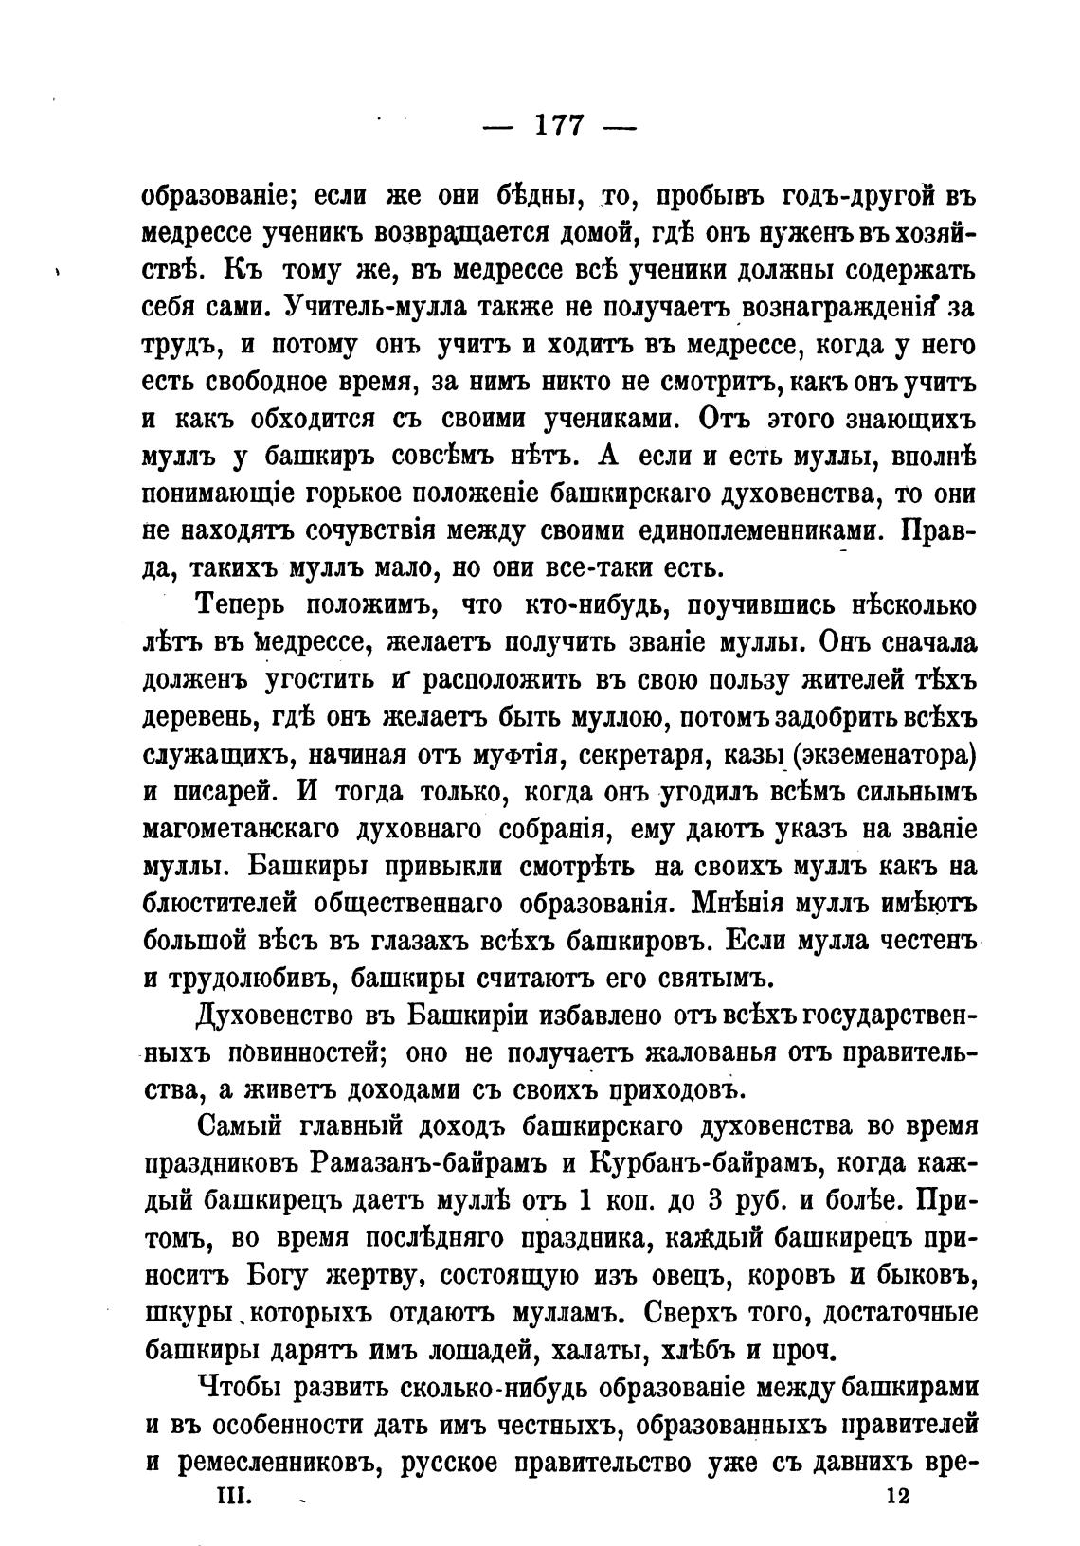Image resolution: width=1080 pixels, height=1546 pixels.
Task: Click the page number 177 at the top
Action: pyautogui.click(x=559, y=126)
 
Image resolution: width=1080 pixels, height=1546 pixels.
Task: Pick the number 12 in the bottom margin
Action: pyautogui.click(x=894, y=1495)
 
